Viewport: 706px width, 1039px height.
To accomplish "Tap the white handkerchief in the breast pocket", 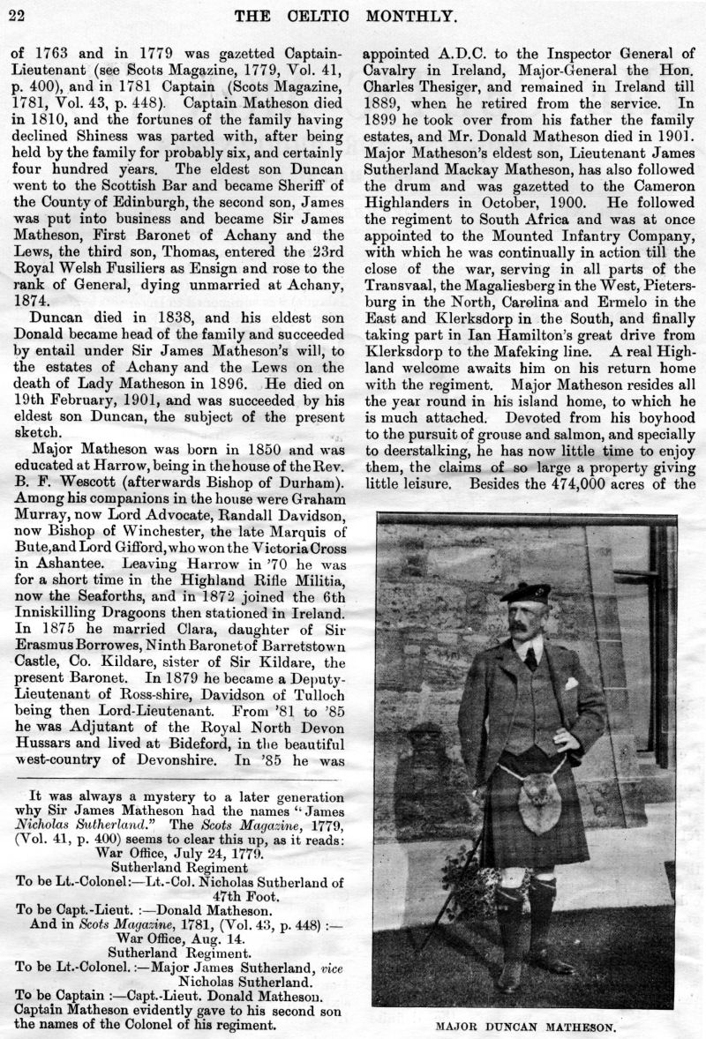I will coord(571,683).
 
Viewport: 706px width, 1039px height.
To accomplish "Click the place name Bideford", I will coord(184,744).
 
